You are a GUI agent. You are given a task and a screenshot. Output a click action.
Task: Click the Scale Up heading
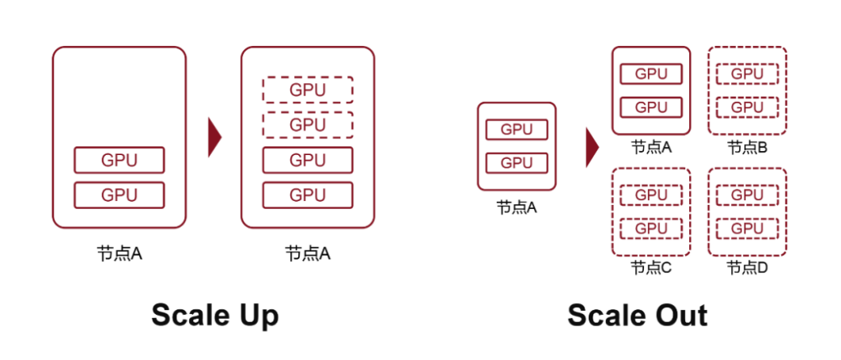tap(214, 315)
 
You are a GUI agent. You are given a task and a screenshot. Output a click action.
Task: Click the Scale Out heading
tap(637, 315)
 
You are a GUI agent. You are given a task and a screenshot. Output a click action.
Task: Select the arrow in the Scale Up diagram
tap(214, 137)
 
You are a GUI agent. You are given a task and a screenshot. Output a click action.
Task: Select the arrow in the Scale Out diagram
tap(592, 146)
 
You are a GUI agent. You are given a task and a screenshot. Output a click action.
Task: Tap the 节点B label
tap(747, 146)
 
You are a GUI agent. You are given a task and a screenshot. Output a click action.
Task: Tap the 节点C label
tap(650, 267)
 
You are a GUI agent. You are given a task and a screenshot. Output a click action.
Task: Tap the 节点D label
tap(747, 267)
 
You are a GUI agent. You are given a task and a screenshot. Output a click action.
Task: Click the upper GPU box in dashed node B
tap(747, 74)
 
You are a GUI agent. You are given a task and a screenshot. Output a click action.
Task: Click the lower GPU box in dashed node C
tap(650, 229)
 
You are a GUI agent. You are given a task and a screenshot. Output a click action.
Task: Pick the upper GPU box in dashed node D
tap(747, 195)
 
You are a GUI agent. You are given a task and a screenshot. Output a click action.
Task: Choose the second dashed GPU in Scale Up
tap(308, 125)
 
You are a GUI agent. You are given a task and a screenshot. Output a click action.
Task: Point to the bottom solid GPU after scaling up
tap(308, 195)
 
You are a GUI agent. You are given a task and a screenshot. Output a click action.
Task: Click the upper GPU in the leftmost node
tap(119, 160)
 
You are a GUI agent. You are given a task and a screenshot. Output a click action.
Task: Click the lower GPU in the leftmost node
tap(119, 195)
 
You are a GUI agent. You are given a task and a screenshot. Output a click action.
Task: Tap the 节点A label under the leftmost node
tap(119, 254)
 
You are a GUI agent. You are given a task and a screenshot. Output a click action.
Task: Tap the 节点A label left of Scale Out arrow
tap(517, 207)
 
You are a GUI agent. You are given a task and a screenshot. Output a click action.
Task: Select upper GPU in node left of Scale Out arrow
tap(517, 130)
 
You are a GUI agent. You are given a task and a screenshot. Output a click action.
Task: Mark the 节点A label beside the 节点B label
tap(650, 146)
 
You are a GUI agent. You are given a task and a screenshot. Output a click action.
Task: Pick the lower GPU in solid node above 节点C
tap(650, 107)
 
